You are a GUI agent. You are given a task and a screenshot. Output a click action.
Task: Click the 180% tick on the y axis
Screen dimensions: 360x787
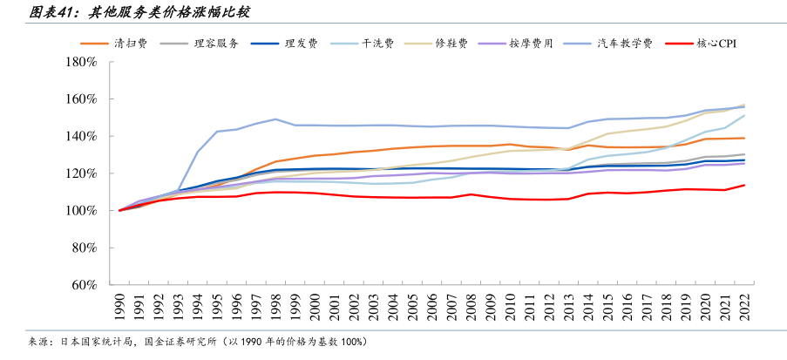tap(79, 62)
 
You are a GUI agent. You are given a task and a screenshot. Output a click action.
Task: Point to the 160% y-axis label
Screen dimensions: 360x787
tap(79, 99)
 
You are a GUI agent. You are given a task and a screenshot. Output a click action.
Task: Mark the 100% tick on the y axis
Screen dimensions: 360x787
tap(79, 210)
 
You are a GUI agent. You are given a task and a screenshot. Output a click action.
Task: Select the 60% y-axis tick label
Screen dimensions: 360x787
tap(82, 284)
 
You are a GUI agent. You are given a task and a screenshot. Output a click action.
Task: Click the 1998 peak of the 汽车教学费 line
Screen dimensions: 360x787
tap(275, 119)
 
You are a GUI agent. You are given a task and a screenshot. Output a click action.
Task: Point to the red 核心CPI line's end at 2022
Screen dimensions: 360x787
tap(744, 185)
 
